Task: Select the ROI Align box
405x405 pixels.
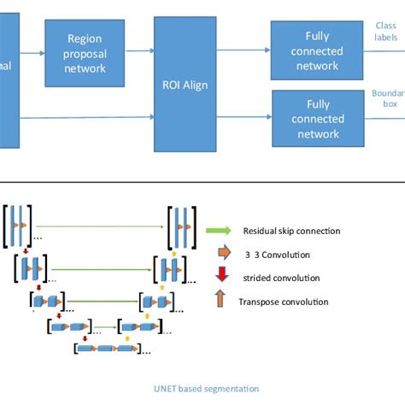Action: click(x=185, y=84)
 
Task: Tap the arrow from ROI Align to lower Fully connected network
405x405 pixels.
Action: click(x=243, y=118)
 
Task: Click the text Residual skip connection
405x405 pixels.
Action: click(x=291, y=231)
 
